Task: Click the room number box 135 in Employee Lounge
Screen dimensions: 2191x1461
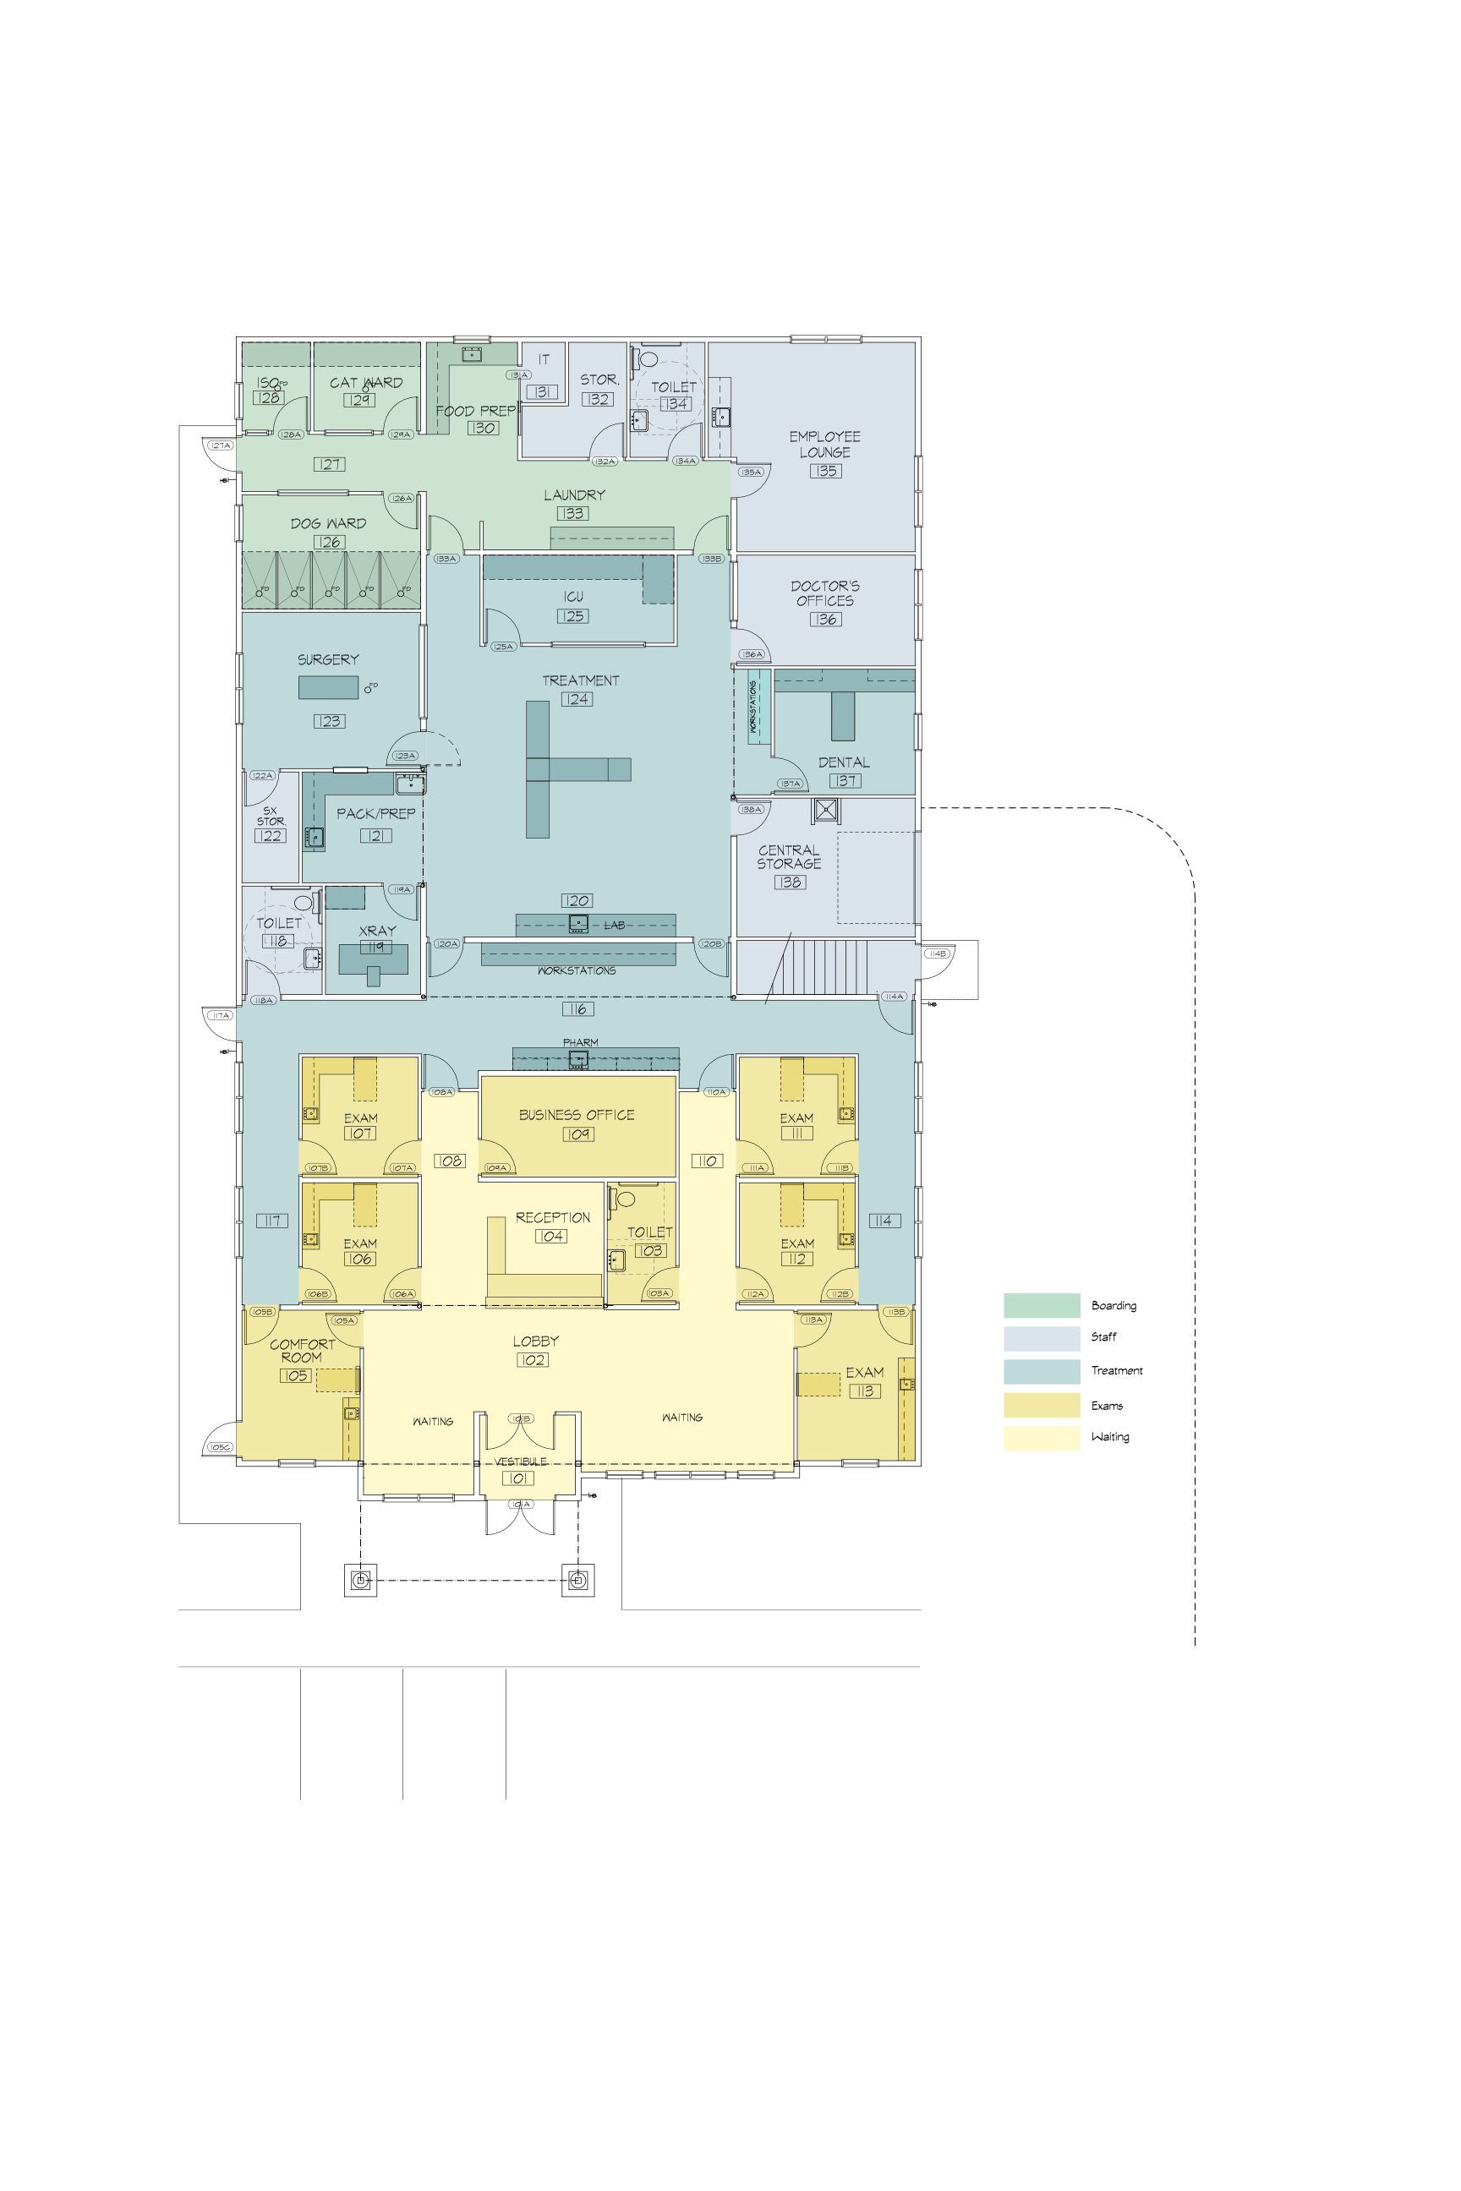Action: pos(825,472)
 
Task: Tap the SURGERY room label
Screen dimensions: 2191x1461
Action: pos(328,659)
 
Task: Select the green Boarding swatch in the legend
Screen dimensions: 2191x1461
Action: pos(1042,1305)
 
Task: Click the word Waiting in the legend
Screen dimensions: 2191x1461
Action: pos(1110,1437)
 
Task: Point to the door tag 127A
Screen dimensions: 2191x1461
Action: pos(220,446)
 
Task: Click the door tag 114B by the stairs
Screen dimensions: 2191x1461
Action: pos(938,953)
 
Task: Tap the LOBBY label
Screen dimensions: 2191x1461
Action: pos(536,1341)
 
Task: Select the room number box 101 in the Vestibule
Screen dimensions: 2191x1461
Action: pos(518,1478)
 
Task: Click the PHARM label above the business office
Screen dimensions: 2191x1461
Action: pos(581,1042)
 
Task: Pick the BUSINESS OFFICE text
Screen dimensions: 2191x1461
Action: pos(577,1115)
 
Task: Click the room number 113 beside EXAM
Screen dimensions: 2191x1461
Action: pos(865,1391)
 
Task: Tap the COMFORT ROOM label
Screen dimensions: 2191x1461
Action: pos(302,1351)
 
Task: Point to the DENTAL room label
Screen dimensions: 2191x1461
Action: pos(844,762)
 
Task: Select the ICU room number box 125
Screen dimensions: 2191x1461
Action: pos(573,617)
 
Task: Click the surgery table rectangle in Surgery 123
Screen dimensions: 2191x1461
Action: pos(328,687)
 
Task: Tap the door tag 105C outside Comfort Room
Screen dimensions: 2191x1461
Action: pos(220,1448)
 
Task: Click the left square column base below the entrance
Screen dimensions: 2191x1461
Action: pos(360,1580)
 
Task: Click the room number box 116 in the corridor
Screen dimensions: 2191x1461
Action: pos(577,1009)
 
